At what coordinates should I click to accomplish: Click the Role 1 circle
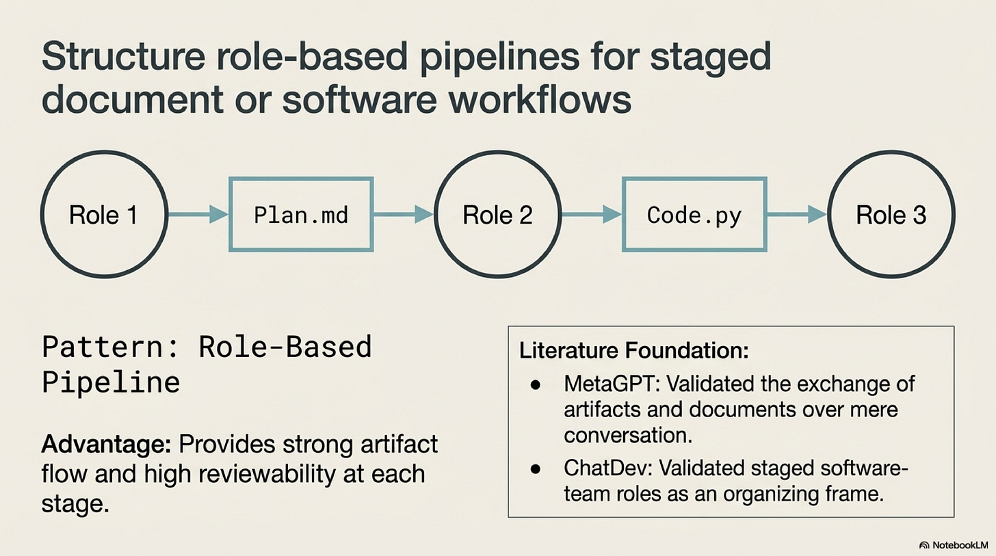(x=103, y=215)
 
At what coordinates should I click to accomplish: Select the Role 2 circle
(x=497, y=215)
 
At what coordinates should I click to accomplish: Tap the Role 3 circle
(x=891, y=215)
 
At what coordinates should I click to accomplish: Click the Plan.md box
(x=300, y=215)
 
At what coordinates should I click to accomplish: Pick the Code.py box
(x=694, y=215)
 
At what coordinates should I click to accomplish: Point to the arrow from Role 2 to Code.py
(x=592, y=215)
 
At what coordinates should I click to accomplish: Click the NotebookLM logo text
(x=960, y=544)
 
